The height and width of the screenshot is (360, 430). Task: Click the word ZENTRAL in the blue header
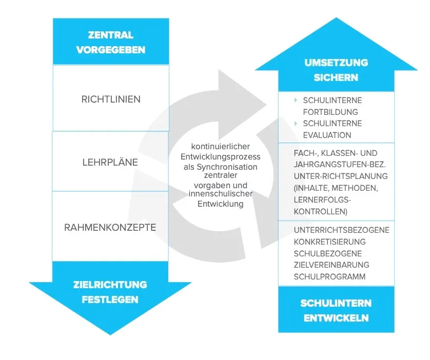pos(110,35)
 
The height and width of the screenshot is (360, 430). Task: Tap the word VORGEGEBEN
pos(111,50)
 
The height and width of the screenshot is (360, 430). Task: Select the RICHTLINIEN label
pos(111,99)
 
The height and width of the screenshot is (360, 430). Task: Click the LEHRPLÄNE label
pos(110,162)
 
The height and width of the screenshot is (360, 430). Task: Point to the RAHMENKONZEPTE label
pos(110,227)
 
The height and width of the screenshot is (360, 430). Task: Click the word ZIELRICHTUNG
pos(110,285)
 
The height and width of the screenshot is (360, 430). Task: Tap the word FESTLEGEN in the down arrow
pos(110,299)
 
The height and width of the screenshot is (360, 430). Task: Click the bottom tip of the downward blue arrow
pos(110,335)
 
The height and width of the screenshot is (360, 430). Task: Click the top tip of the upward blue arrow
pos(336,18)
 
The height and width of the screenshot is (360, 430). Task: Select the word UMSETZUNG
pos(336,63)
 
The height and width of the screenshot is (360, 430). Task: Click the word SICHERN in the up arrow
pos(336,77)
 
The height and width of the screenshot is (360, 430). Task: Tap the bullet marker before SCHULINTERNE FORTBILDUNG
pos(296,100)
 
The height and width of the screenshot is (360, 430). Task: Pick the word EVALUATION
pos(327,135)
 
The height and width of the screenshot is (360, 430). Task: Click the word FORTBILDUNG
pos(330,112)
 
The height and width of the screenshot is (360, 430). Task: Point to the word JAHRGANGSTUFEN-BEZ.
pos(340,165)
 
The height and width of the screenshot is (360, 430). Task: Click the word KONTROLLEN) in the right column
pos(321,211)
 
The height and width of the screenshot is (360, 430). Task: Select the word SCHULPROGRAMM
pos(329,277)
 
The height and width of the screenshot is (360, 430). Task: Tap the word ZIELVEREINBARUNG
pos(331,265)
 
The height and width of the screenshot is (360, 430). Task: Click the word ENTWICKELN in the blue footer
pos(336,318)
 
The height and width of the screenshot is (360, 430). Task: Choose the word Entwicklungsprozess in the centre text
pos(221,157)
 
